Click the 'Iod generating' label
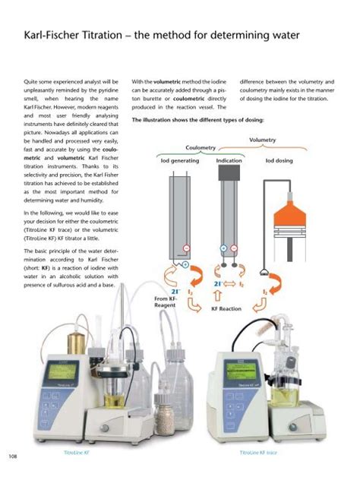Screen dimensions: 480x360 175,161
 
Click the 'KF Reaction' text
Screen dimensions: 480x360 226,309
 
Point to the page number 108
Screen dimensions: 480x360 12,455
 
